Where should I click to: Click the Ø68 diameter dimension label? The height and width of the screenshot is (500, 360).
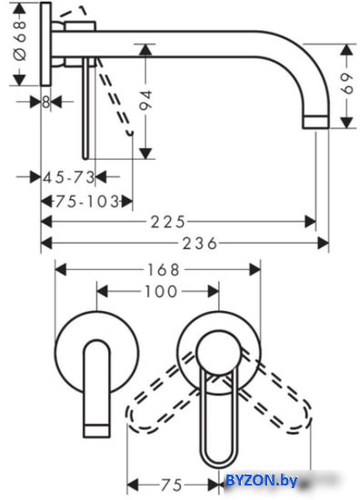click(x=20, y=41)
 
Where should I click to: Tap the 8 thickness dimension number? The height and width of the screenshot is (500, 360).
click(x=46, y=103)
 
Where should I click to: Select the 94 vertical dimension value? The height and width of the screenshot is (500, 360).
click(x=145, y=100)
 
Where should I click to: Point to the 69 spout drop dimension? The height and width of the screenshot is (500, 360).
click(x=347, y=84)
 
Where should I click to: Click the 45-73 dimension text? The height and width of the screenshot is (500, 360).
click(x=69, y=177)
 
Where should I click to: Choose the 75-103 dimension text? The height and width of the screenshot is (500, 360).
click(x=87, y=202)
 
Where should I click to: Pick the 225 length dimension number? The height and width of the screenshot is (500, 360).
click(x=167, y=222)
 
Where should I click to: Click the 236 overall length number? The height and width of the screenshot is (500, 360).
click(x=200, y=244)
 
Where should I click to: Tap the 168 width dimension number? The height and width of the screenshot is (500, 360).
click(x=164, y=270)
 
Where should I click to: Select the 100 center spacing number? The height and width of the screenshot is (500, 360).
click(x=161, y=292)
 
